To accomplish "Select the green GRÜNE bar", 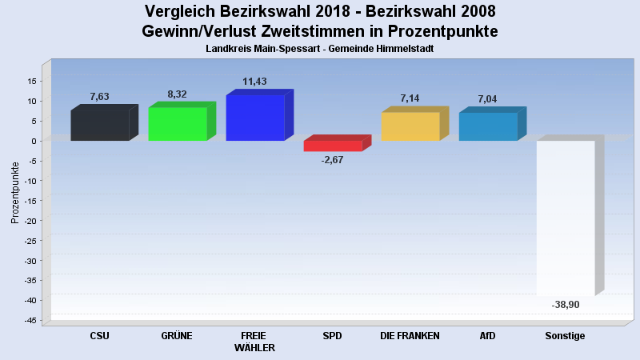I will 178,124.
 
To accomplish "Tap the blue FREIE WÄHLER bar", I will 255,118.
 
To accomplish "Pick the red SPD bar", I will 333,146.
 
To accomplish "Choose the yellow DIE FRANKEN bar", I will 410,126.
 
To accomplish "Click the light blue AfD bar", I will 488,126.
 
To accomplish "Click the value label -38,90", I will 566,305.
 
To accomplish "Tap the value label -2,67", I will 332,161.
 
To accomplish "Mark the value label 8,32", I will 177,94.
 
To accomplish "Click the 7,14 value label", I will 410,98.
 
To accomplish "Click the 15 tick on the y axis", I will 31,81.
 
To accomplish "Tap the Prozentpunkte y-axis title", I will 15,192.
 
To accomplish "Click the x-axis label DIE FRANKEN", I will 410,336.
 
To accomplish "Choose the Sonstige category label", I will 565,336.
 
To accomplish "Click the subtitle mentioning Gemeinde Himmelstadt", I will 319,49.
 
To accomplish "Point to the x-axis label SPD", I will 332,336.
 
